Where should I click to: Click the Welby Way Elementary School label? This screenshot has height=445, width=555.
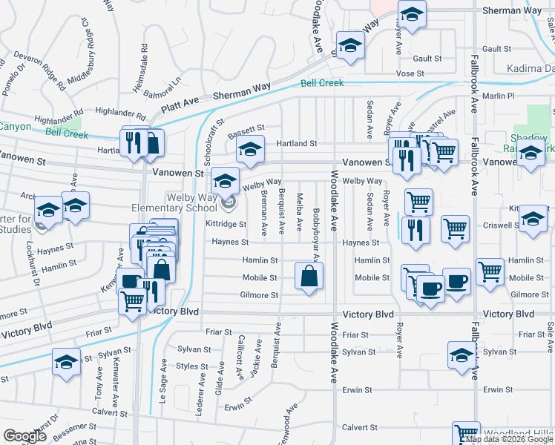[x=171, y=202]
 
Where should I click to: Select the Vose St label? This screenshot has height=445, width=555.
[x=410, y=74]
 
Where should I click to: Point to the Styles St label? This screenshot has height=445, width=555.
[x=192, y=366]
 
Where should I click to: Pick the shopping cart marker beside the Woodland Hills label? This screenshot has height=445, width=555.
[x=466, y=434]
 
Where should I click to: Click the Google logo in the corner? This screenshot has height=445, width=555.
[x=24, y=435]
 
